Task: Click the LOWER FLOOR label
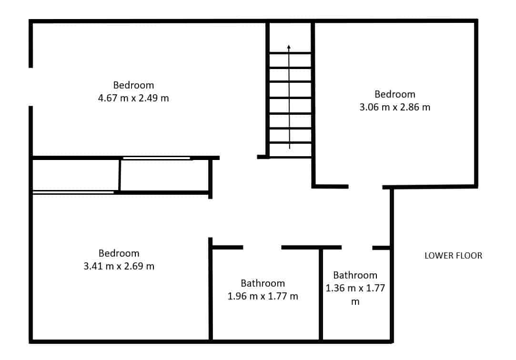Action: pyautogui.click(x=453, y=255)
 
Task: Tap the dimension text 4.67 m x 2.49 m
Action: pyautogui.click(x=133, y=98)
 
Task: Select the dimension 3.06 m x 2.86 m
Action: pyautogui.click(x=395, y=107)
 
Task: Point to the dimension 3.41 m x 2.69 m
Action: pyautogui.click(x=119, y=266)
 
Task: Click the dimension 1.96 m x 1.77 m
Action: pyautogui.click(x=263, y=296)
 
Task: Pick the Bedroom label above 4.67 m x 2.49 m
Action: pyautogui.click(x=133, y=85)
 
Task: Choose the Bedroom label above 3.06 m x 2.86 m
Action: pyautogui.click(x=395, y=94)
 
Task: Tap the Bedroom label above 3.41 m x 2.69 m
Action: pyautogui.click(x=119, y=253)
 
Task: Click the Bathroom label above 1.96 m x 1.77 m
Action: pyautogui.click(x=263, y=283)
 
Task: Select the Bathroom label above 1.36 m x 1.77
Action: pyautogui.click(x=355, y=275)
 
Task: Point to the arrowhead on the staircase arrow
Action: pyautogui.click(x=289, y=47)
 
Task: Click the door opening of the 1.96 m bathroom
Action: pyautogui.click(x=262, y=247)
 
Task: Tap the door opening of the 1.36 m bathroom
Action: pyautogui.click(x=357, y=247)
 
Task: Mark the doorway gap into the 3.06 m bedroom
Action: pyautogui.click(x=365, y=187)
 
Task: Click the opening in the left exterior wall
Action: pyautogui.click(x=30, y=87)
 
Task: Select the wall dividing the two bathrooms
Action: pyautogui.click(x=321, y=294)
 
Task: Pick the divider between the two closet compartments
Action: pyautogui.click(x=120, y=175)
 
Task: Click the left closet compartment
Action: pyautogui.click(x=75, y=175)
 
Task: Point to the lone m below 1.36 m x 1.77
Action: pyautogui.click(x=355, y=302)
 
